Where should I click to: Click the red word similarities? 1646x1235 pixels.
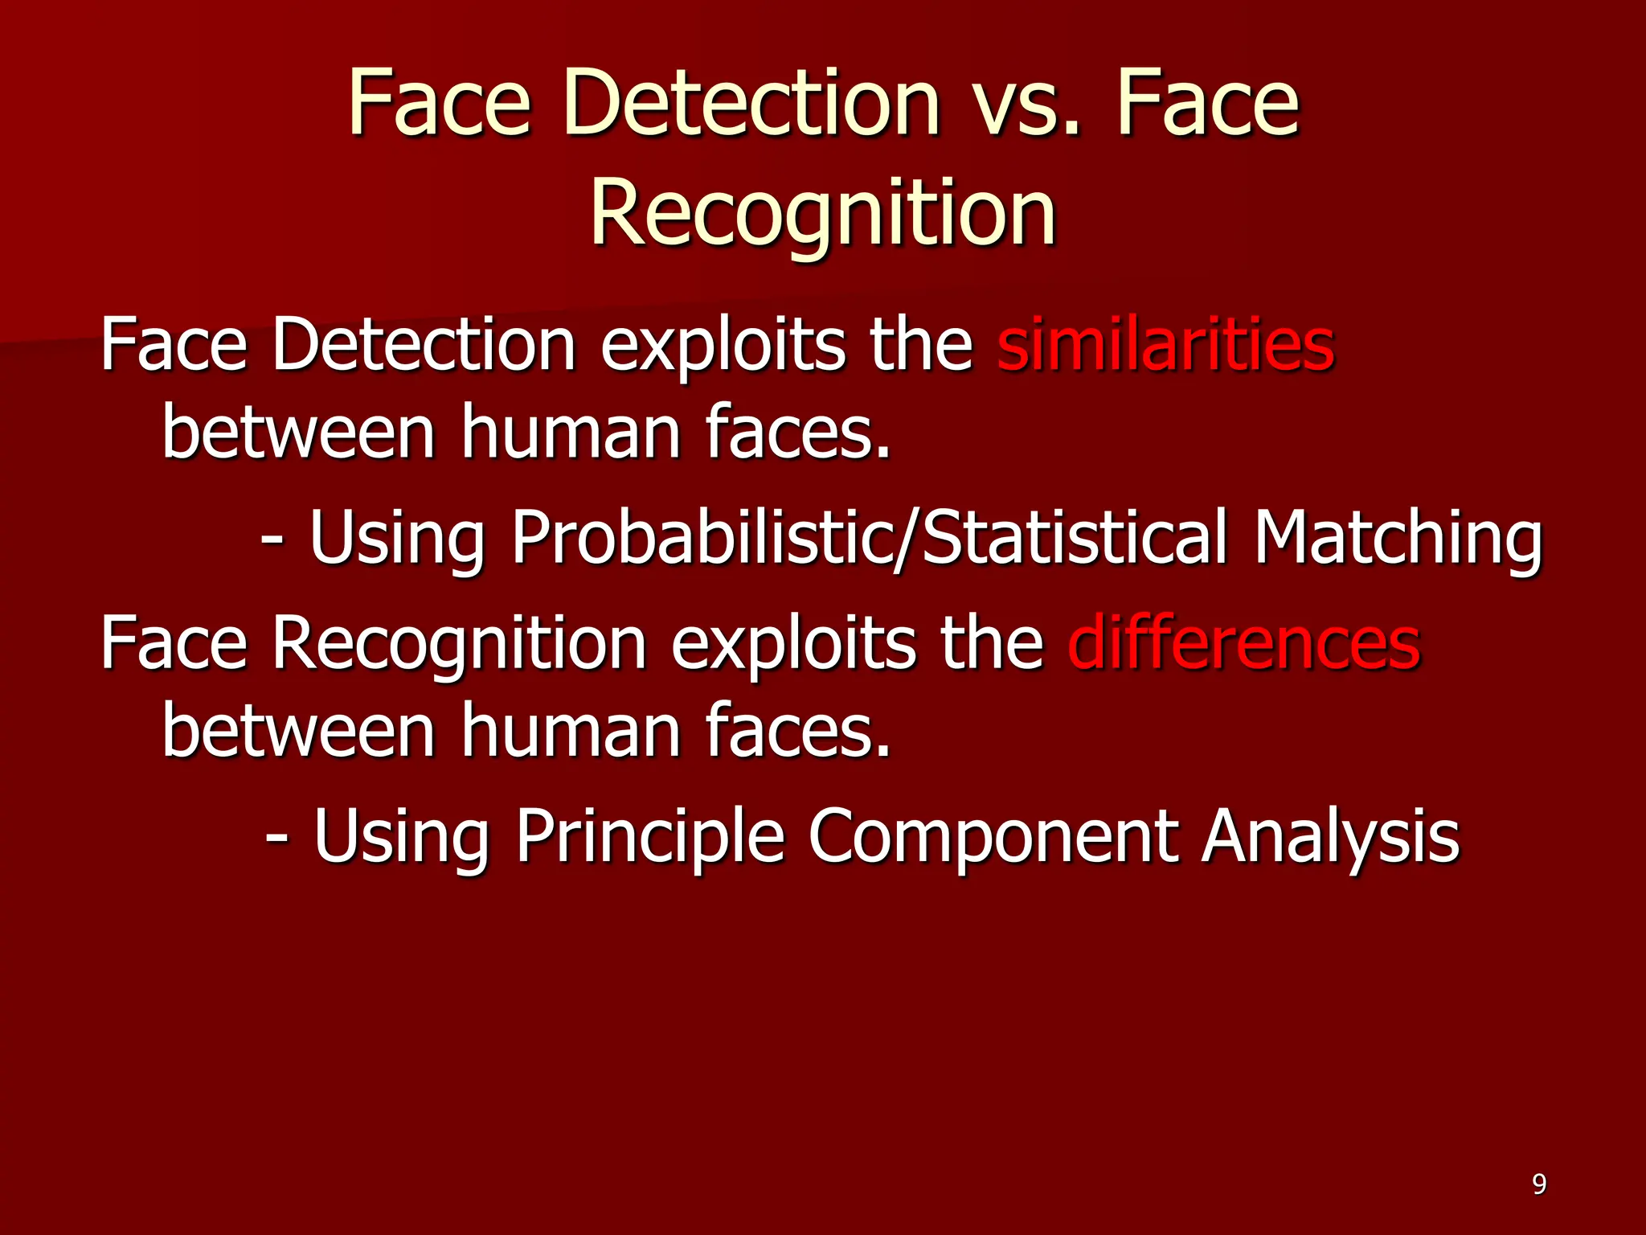pos(1165,346)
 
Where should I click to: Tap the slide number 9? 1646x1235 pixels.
pos(1538,1184)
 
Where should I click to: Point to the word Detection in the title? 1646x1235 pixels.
pos(751,105)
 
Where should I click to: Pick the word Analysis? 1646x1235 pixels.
pos(1330,836)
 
